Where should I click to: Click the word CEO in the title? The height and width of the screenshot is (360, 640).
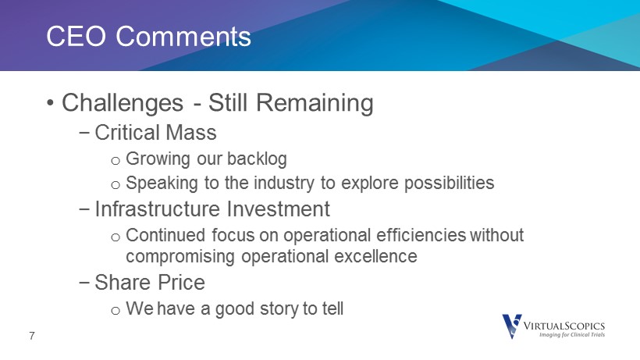point(76,36)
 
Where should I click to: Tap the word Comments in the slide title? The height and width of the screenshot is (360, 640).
point(183,36)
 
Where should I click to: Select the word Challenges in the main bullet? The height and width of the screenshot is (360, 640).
point(123,103)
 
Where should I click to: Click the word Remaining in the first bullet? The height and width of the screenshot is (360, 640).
point(315,103)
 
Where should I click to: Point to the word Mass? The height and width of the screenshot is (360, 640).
point(191,133)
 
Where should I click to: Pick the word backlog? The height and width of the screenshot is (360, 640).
point(257,159)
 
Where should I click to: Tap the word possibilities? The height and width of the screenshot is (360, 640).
point(449,183)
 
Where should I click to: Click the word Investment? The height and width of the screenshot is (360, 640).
point(279,209)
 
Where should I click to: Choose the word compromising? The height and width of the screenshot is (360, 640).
point(180,257)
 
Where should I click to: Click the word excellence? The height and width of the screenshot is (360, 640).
point(375,256)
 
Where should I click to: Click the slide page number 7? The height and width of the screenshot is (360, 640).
point(32,336)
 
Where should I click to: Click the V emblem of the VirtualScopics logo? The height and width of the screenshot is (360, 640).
point(512,326)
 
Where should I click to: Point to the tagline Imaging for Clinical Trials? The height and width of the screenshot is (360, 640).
point(572,335)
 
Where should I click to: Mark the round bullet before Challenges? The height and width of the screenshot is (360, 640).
point(50,102)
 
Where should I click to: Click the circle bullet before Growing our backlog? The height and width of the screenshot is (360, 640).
point(116,161)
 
